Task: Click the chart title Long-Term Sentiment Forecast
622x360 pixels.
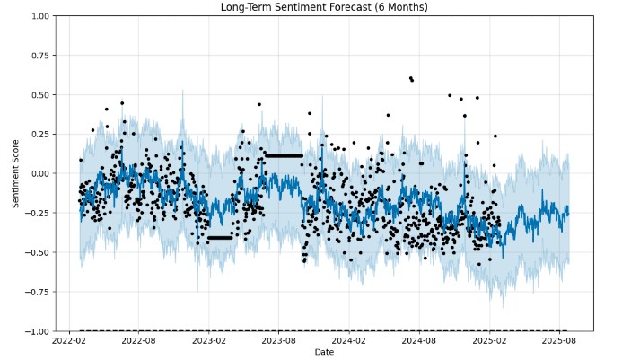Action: (x=324, y=7)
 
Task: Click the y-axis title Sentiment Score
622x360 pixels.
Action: (x=15, y=173)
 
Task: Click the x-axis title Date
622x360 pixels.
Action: (x=324, y=352)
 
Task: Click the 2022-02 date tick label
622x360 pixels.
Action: (x=69, y=341)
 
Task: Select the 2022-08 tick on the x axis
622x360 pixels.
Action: (x=138, y=341)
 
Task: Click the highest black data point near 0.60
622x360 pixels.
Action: (x=410, y=78)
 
